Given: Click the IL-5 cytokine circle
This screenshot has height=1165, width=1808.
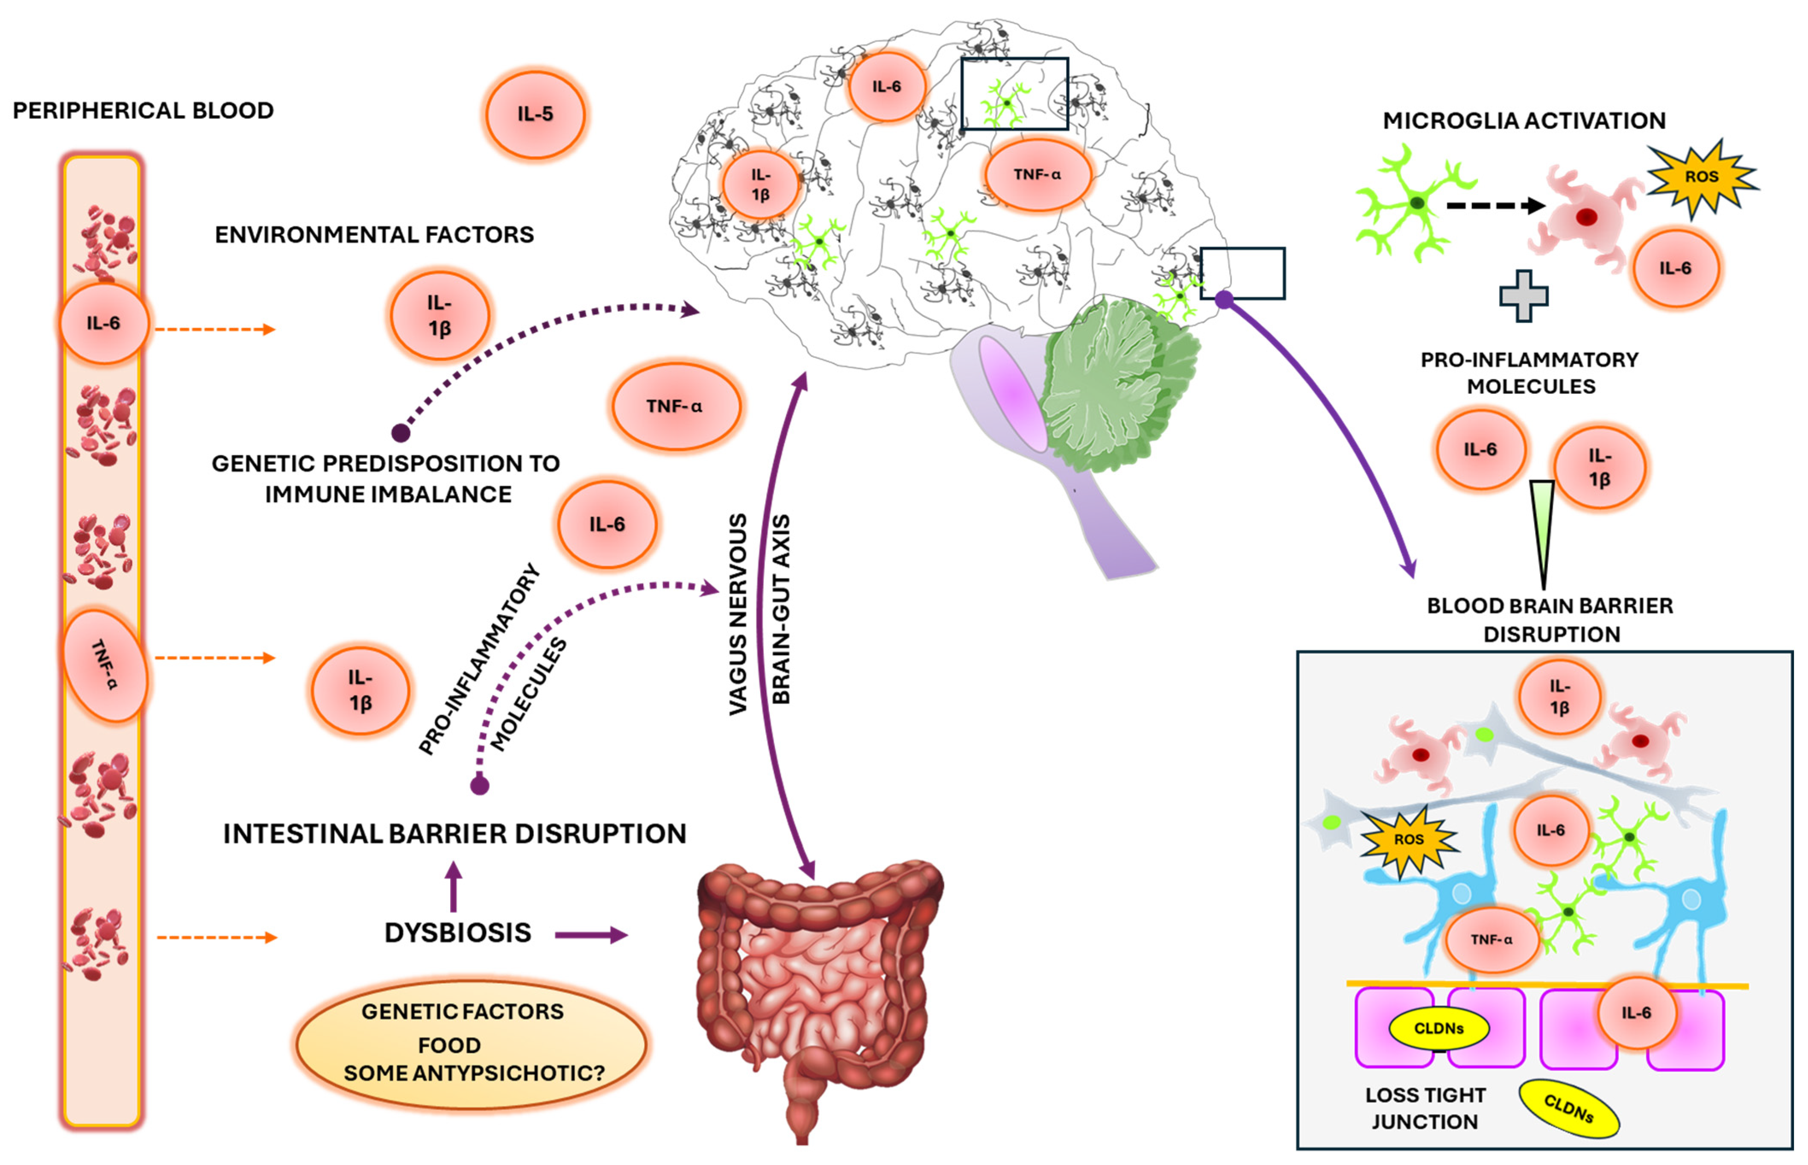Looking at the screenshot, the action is tap(535, 114).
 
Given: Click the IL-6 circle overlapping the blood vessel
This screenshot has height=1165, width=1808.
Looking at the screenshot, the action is tap(104, 323).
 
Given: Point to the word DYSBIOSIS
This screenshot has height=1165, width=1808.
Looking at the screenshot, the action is tap(458, 933).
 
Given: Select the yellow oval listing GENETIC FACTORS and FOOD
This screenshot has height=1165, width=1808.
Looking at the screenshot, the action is tap(471, 1044).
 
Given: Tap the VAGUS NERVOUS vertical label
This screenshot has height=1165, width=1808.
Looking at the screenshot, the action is tap(738, 614).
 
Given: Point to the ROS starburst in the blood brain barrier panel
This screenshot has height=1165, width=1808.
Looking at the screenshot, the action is tap(1409, 840).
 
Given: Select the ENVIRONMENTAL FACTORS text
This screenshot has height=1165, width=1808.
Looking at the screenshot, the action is tap(375, 234).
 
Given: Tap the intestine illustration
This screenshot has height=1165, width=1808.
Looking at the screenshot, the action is tap(819, 998).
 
